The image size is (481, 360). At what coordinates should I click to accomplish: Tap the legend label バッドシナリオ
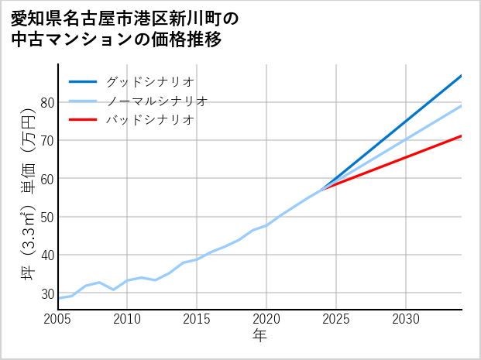click(x=149, y=121)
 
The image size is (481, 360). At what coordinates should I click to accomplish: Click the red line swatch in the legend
click(x=83, y=121)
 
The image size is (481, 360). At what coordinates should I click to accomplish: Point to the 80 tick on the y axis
click(x=46, y=102)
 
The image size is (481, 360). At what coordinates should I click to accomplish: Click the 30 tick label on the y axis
click(x=46, y=293)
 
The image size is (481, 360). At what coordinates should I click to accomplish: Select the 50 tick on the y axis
click(x=46, y=217)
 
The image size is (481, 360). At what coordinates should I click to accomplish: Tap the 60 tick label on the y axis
click(x=46, y=179)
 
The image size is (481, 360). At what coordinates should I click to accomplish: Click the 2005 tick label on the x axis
click(x=58, y=319)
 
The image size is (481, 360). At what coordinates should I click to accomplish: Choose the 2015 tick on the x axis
click(x=197, y=319)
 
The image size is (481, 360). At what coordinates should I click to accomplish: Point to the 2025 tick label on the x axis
click(x=336, y=319)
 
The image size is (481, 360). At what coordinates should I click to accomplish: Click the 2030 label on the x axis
click(x=406, y=319)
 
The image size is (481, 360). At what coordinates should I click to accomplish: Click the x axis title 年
click(x=259, y=337)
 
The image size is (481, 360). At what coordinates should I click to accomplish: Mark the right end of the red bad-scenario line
click(x=462, y=135)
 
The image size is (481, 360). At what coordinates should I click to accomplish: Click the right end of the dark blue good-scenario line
click(x=462, y=75)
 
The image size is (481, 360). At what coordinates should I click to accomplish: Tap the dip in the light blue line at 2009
click(x=114, y=290)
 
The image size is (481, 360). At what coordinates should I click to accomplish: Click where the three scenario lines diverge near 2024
click(x=322, y=188)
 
